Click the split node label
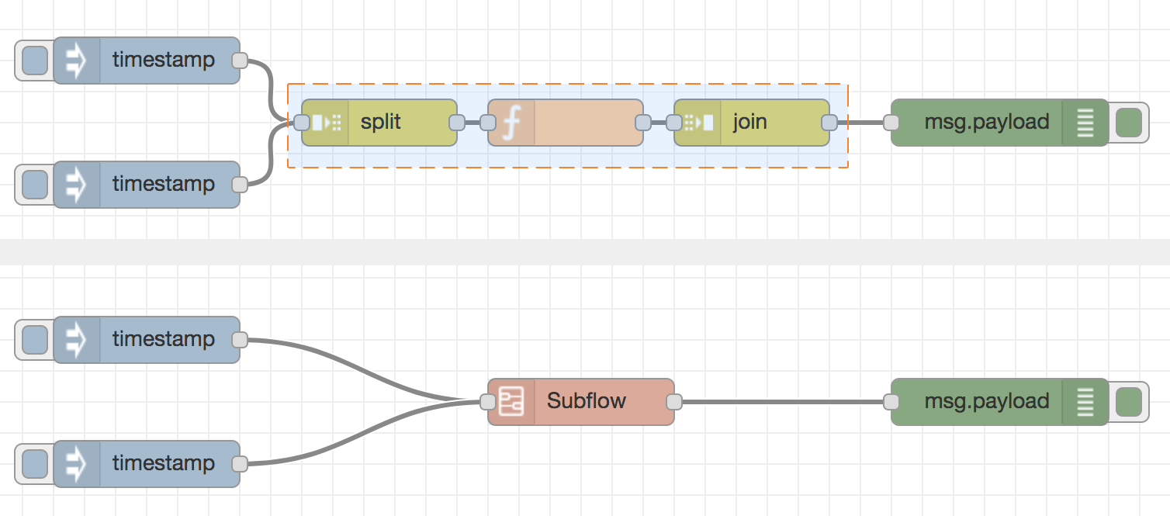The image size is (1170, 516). click(381, 123)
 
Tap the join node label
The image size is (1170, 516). click(749, 123)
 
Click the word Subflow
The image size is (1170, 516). click(587, 402)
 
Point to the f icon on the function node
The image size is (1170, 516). click(511, 123)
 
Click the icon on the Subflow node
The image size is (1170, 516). click(511, 402)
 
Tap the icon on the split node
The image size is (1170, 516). click(326, 123)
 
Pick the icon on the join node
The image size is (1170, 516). click(698, 123)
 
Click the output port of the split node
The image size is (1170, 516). click(457, 123)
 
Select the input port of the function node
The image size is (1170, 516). click(488, 123)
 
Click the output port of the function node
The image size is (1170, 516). click(643, 123)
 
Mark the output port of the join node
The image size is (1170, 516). click(829, 123)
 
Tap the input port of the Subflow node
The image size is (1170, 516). click(488, 402)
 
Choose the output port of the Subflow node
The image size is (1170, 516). click(674, 402)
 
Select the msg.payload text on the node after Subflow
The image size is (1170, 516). click(987, 402)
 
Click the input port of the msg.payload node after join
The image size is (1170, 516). click(891, 123)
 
